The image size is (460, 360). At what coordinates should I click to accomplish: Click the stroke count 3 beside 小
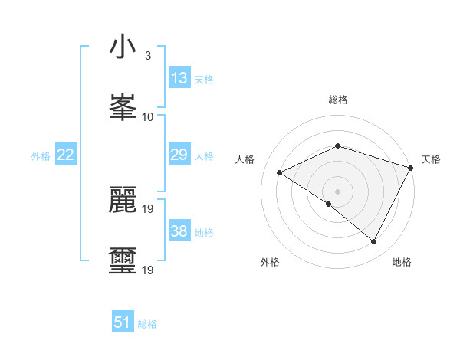pyautogui.click(x=147, y=56)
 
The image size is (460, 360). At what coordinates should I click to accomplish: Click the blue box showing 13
pyautogui.click(x=179, y=78)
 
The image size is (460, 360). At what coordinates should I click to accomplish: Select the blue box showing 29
pyautogui.click(x=179, y=155)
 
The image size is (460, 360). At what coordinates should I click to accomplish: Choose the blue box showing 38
pyautogui.click(x=179, y=231)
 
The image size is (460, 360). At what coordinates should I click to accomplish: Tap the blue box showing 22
pyautogui.click(x=65, y=155)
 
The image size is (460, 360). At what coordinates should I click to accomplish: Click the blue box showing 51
pyautogui.click(x=123, y=322)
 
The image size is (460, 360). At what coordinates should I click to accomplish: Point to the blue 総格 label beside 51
pyautogui.click(x=147, y=324)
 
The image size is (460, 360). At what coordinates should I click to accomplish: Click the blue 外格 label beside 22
pyautogui.click(x=41, y=156)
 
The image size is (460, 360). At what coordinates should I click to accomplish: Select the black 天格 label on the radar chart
pyautogui.click(x=431, y=159)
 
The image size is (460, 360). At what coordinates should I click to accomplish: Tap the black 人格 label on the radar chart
pyautogui.click(x=245, y=159)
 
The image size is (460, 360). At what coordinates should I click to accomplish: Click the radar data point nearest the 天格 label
pyautogui.click(x=412, y=167)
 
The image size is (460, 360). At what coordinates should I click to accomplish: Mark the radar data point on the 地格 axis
pyautogui.click(x=374, y=241)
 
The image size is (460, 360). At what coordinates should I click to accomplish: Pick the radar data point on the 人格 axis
pyautogui.click(x=280, y=172)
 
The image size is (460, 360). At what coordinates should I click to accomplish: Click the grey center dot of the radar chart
pyautogui.click(x=337, y=191)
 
